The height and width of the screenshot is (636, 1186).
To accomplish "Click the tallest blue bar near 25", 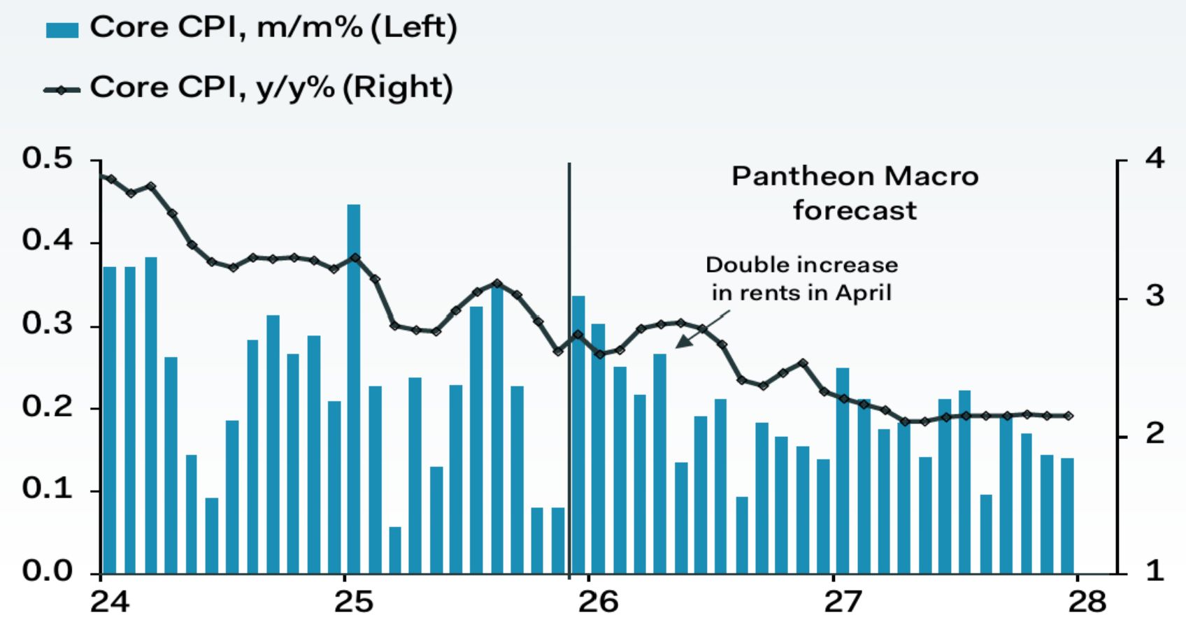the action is pyautogui.click(x=354, y=389).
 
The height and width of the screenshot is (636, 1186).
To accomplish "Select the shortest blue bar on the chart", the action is pyautogui.click(x=395, y=550).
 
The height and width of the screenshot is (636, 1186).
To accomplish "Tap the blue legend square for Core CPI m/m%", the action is pyautogui.click(x=62, y=29).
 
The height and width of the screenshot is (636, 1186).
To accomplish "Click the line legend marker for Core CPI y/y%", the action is pyautogui.click(x=62, y=90).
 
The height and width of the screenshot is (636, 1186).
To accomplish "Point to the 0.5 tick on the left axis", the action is pyautogui.click(x=96, y=160).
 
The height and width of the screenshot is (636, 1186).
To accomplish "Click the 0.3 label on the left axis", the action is pyautogui.click(x=47, y=323).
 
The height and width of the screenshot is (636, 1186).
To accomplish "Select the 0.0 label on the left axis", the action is pyautogui.click(x=47, y=571).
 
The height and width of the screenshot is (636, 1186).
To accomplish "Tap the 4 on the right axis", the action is pyautogui.click(x=1155, y=158).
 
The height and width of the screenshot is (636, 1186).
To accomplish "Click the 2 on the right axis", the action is pyautogui.click(x=1155, y=433).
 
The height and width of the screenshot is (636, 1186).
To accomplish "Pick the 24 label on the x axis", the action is pyautogui.click(x=110, y=602).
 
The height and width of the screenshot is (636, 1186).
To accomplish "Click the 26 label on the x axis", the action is pyautogui.click(x=599, y=602).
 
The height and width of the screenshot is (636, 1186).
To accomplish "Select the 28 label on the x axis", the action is pyautogui.click(x=1087, y=602).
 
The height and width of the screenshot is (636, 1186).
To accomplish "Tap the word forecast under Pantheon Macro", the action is pyautogui.click(x=855, y=210).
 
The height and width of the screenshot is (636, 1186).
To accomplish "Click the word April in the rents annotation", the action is pyautogui.click(x=864, y=294).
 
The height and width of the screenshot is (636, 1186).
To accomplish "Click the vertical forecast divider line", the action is pyautogui.click(x=569, y=370).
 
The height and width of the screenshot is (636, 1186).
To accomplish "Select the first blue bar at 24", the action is pyautogui.click(x=109, y=420).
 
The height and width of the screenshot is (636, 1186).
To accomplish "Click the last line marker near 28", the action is pyautogui.click(x=1069, y=416).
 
